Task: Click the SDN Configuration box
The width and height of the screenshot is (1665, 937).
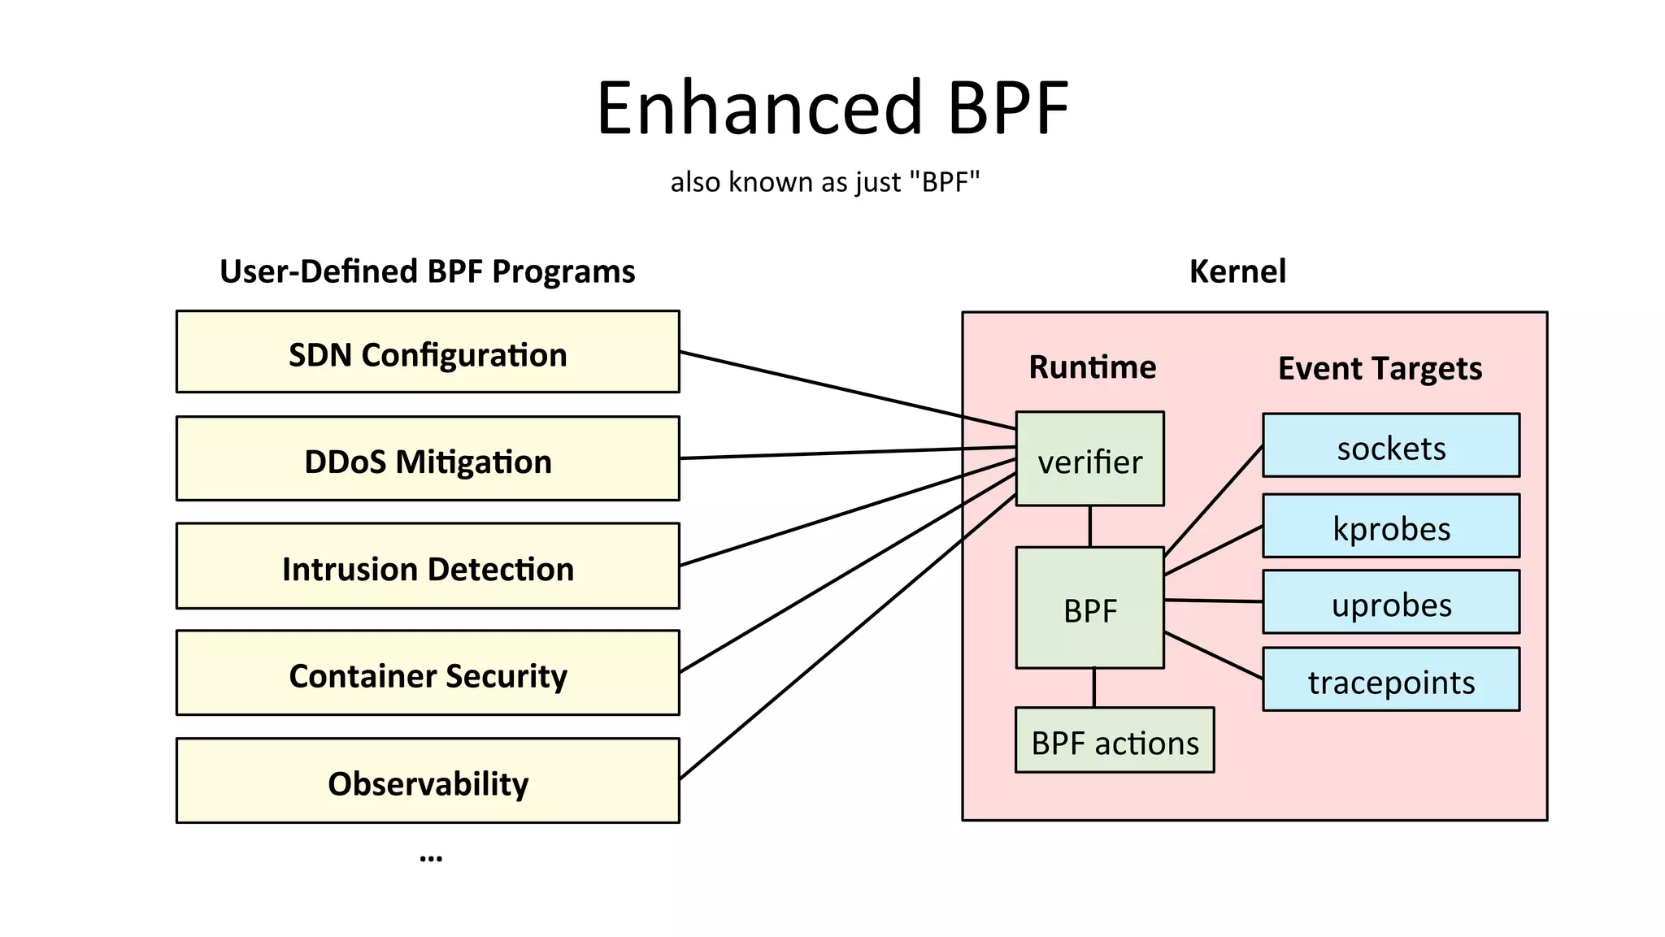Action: pos(428,352)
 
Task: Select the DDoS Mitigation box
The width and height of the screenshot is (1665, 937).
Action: pos(428,459)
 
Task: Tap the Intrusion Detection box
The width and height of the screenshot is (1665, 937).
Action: pos(428,566)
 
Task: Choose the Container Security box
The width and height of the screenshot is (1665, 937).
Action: pos(428,674)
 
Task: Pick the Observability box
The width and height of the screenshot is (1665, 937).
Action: pos(428,781)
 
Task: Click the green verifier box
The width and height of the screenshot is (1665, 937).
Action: pos(1089,459)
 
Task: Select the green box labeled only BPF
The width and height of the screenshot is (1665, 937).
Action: pos(1089,609)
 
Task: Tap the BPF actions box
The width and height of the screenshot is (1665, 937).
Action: pos(1115,740)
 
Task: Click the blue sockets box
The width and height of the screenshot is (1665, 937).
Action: pos(1391,445)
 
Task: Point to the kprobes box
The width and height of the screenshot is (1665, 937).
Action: pos(1391,527)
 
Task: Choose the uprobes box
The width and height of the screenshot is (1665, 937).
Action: pos(1391,602)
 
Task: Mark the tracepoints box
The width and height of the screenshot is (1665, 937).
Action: pos(1391,680)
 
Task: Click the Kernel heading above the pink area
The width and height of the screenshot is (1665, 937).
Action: pos(1237,271)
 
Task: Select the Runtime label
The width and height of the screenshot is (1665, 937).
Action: pos(1092,367)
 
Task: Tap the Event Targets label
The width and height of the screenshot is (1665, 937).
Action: pos(1380,369)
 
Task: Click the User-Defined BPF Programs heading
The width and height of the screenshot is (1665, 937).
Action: pos(428,271)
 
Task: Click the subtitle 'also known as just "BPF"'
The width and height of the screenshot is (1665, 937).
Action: pos(825,182)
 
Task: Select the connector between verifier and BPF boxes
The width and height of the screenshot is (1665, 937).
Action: pos(1089,527)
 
